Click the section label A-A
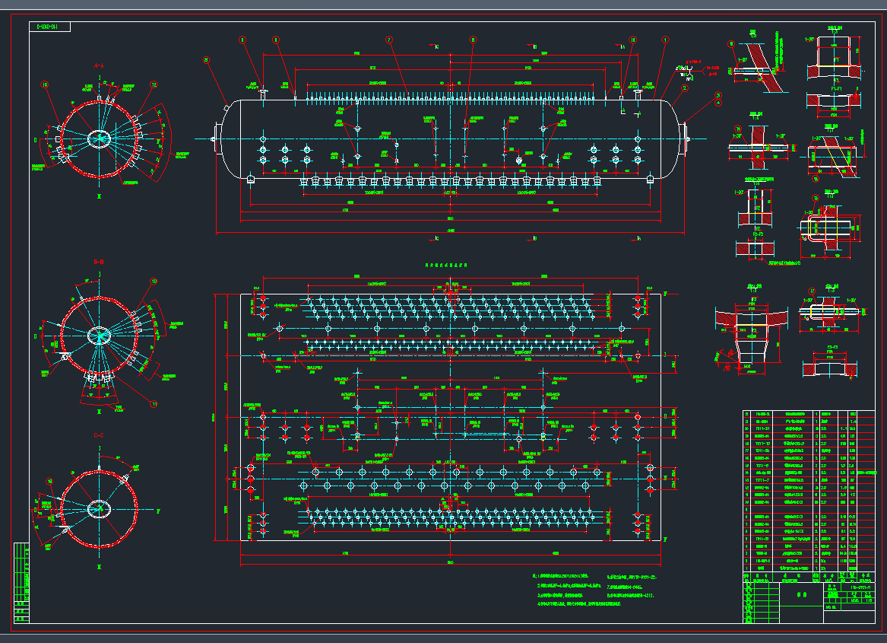pyautogui.click(x=99, y=66)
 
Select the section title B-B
pyautogui.click(x=99, y=263)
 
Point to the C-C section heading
pyautogui.click(x=99, y=435)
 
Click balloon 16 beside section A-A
pyautogui.click(x=44, y=85)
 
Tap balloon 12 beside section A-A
pyautogui.click(x=154, y=85)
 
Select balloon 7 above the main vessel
pyautogui.click(x=388, y=40)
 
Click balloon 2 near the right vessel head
pyautogui.click(x=684, y=88)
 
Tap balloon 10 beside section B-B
pyautogui.click(x=154, y=282)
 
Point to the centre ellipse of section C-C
pyautogui.click(x=99, y=508)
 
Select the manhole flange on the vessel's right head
pyautogui.click(x=687, y=138)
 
